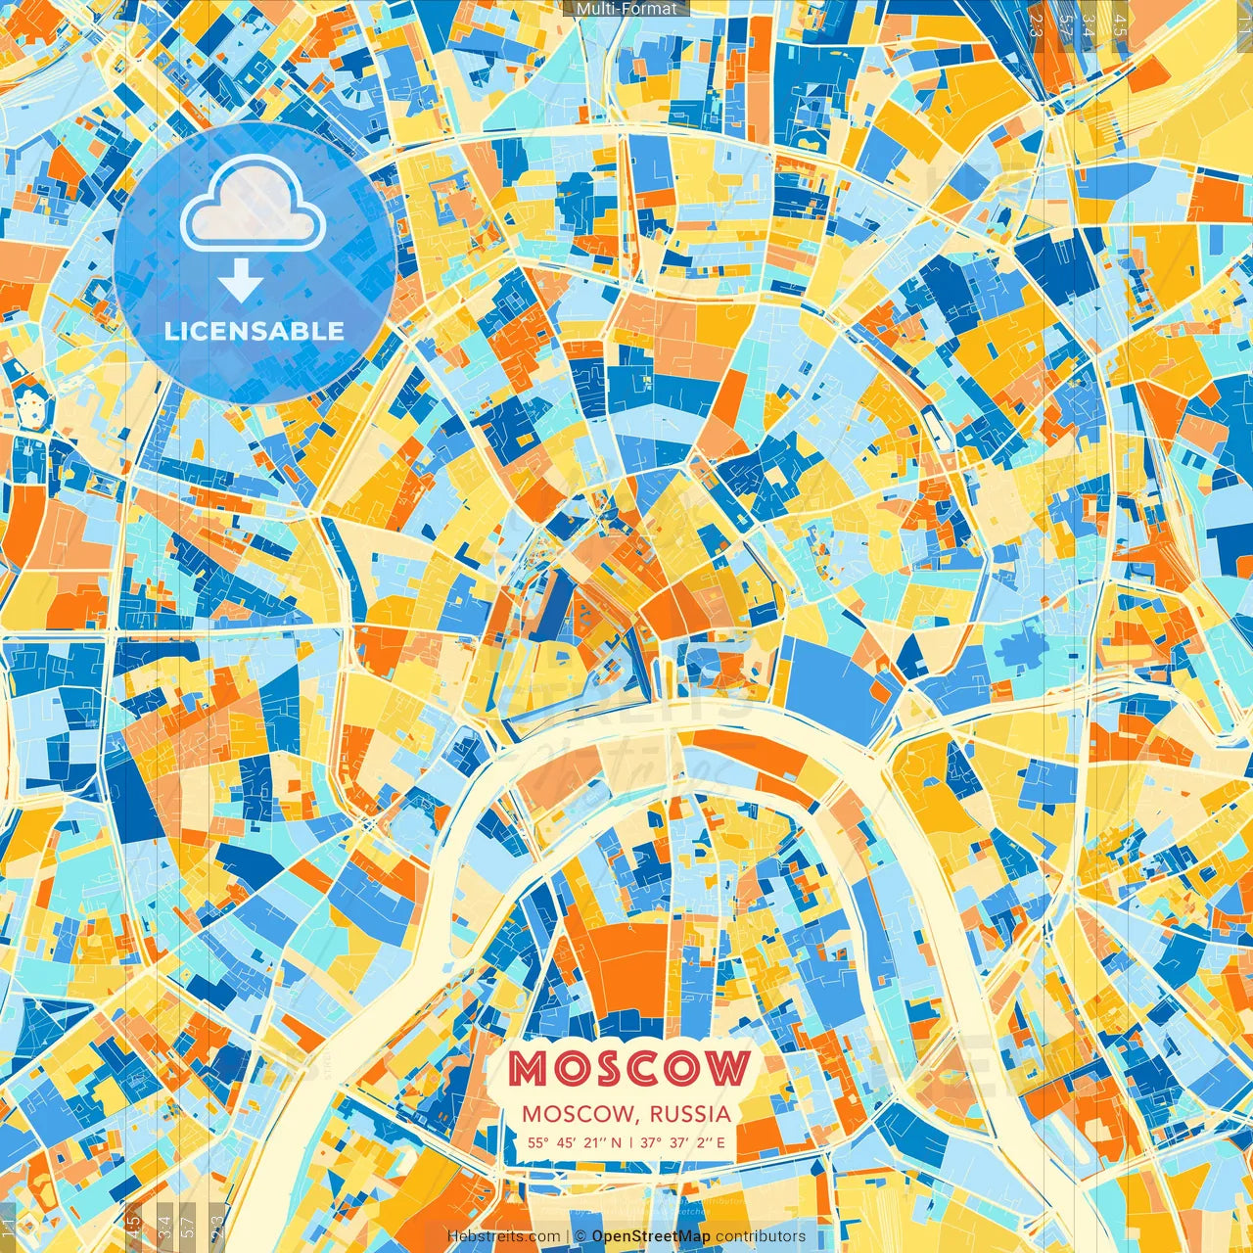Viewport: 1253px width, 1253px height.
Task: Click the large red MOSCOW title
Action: click(629, 1069)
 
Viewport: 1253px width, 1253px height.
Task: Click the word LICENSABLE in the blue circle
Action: click(255, 331)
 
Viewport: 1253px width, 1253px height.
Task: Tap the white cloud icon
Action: click(254, 203)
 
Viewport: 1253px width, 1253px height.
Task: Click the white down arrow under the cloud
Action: click(240, 281)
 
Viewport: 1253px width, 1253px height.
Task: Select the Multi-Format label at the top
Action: click(626, 9)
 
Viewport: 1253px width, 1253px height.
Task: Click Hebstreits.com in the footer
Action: click(503, 1236)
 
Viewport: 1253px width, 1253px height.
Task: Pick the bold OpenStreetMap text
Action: click(651, 1236)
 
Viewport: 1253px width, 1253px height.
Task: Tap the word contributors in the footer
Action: click(761, 1236)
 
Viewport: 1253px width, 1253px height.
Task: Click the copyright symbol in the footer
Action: click(580, 1236)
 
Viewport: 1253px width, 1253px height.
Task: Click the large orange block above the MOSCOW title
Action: click(626, 964)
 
